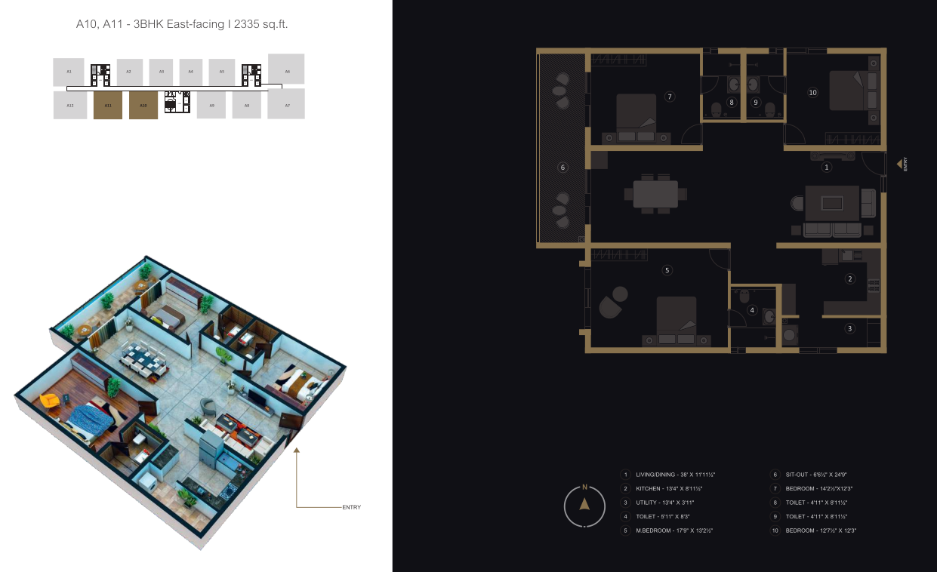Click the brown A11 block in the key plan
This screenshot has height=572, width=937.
108,106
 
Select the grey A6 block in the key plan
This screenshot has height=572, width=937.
286,70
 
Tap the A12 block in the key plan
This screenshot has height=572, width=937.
70,106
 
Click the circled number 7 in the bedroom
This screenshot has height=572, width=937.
669,96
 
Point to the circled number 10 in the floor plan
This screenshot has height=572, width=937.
812,93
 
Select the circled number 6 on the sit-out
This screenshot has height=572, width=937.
563,168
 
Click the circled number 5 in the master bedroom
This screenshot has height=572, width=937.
667,269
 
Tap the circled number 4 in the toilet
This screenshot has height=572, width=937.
752,309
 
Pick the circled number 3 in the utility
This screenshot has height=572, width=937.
849,328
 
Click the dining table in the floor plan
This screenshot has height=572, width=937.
655,194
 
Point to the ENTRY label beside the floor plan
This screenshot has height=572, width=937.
905,164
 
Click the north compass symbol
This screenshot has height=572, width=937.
584,506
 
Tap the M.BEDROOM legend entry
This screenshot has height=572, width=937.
674,530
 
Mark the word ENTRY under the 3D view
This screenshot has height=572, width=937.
351,507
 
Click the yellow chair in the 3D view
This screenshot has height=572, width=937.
50,400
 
